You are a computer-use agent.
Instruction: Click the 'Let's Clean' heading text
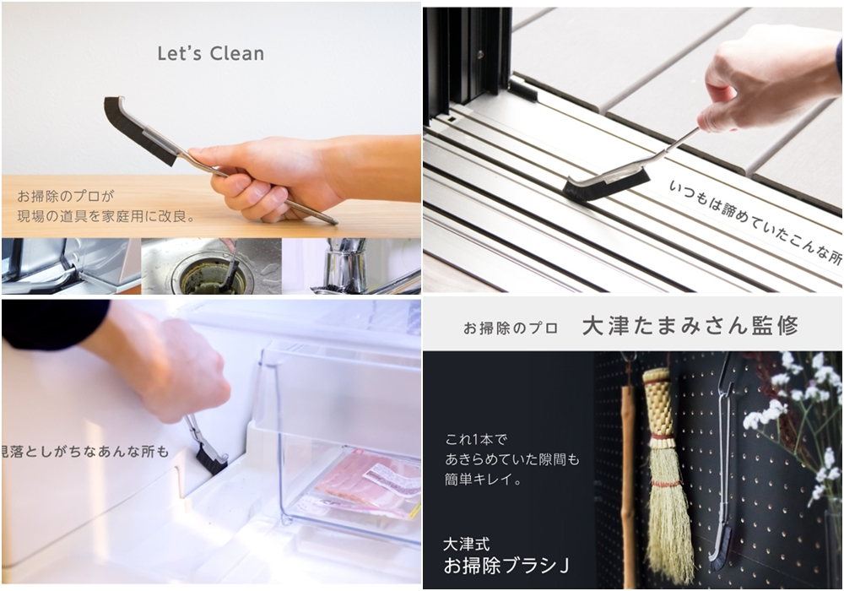click(211, 53)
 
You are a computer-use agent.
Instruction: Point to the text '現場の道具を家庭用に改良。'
click(106, 216)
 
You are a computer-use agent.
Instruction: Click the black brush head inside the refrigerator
click(210, 461)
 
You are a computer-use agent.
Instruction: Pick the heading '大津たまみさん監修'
click(690, 326)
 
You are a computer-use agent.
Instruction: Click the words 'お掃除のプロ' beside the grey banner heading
click(511, 328)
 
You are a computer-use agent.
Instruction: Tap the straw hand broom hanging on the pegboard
click(667, 474)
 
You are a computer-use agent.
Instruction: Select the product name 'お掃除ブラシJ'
click(506, 566)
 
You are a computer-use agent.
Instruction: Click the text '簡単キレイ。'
click(484, 479)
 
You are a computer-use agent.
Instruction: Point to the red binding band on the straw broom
click(665, 436)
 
